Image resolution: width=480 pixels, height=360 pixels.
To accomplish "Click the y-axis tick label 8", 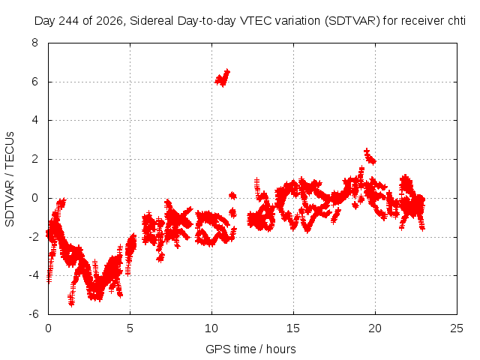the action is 34,43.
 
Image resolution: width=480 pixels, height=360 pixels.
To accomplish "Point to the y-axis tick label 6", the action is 34,82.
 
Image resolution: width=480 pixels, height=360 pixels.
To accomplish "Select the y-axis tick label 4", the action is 34,120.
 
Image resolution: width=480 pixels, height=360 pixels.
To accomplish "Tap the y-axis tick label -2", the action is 33,237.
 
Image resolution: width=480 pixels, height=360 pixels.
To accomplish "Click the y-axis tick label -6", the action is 33,314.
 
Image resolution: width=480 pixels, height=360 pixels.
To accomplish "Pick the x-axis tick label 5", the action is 130,328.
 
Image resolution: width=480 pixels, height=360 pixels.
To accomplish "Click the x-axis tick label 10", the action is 211,328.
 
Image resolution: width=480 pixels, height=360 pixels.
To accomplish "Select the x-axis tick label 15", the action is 293,328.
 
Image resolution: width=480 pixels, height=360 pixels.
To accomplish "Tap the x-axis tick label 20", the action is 375,328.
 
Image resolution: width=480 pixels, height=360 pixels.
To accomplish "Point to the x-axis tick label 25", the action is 457,328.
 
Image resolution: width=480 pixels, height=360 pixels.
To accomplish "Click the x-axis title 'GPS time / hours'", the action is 250,349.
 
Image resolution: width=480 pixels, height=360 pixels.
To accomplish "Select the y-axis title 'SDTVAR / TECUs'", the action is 10,179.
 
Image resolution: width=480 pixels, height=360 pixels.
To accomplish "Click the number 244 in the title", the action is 69,21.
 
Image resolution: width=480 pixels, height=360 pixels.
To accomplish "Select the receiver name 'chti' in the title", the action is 457,21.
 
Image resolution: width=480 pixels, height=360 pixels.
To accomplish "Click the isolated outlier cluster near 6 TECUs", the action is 223,78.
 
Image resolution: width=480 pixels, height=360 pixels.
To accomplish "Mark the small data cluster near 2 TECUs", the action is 370,157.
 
